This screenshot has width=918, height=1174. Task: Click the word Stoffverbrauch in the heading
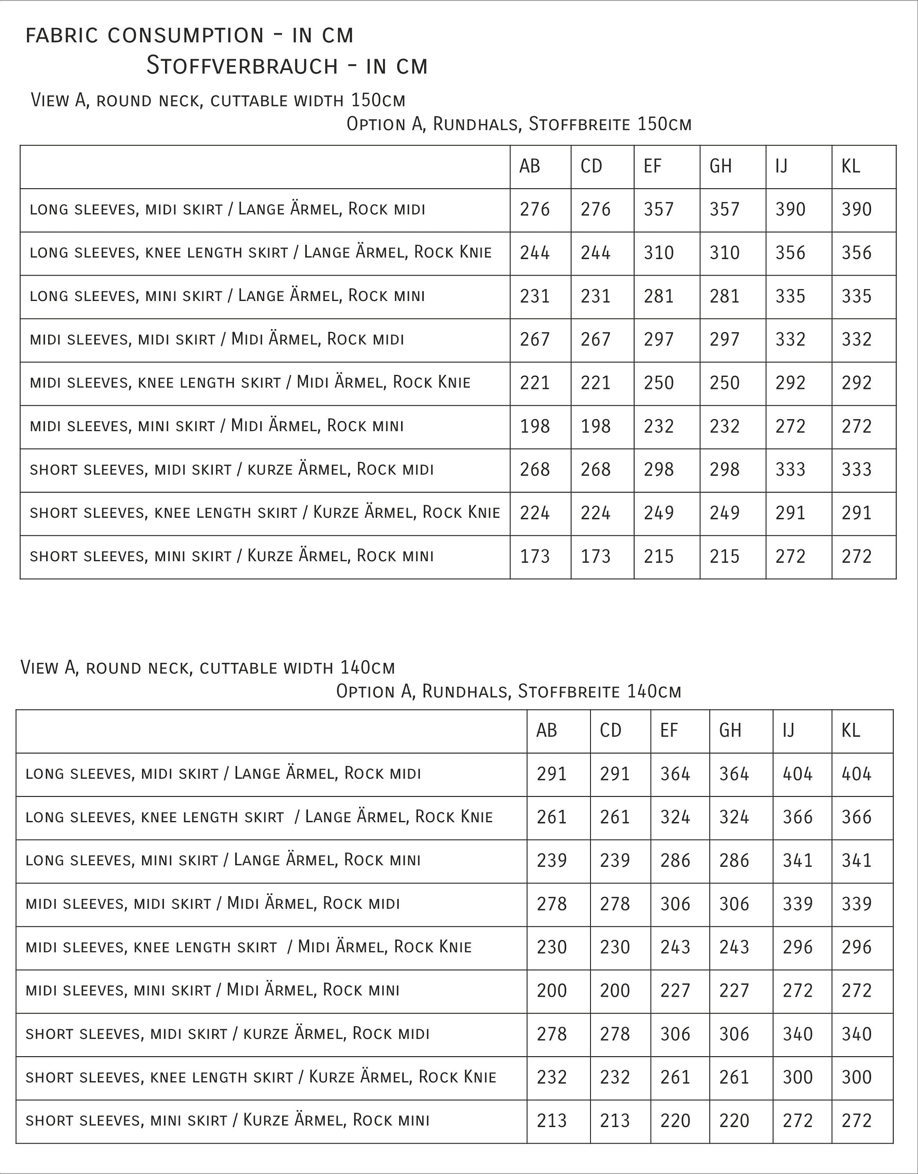242,66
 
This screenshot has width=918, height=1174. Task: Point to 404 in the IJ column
797,774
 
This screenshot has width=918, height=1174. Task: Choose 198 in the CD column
595,426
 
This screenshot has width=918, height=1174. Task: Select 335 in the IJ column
790,296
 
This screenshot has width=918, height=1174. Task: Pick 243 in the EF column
675,947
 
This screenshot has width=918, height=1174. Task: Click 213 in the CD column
614,1120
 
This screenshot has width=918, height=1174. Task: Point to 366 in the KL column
856,817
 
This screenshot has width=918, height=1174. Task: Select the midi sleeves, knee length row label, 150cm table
250,382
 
